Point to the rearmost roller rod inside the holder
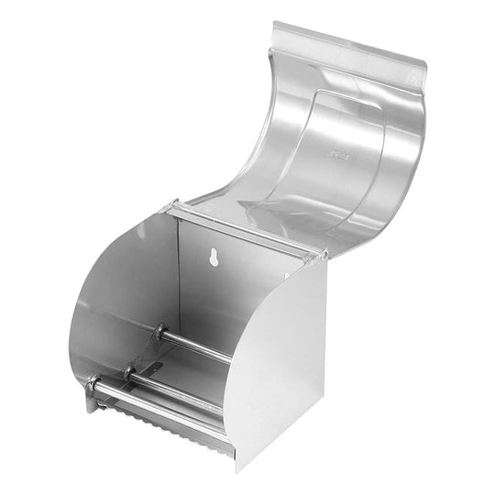[x=197, y=345]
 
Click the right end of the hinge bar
[x=320, y=252]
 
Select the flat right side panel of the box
[x=280, y=357]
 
